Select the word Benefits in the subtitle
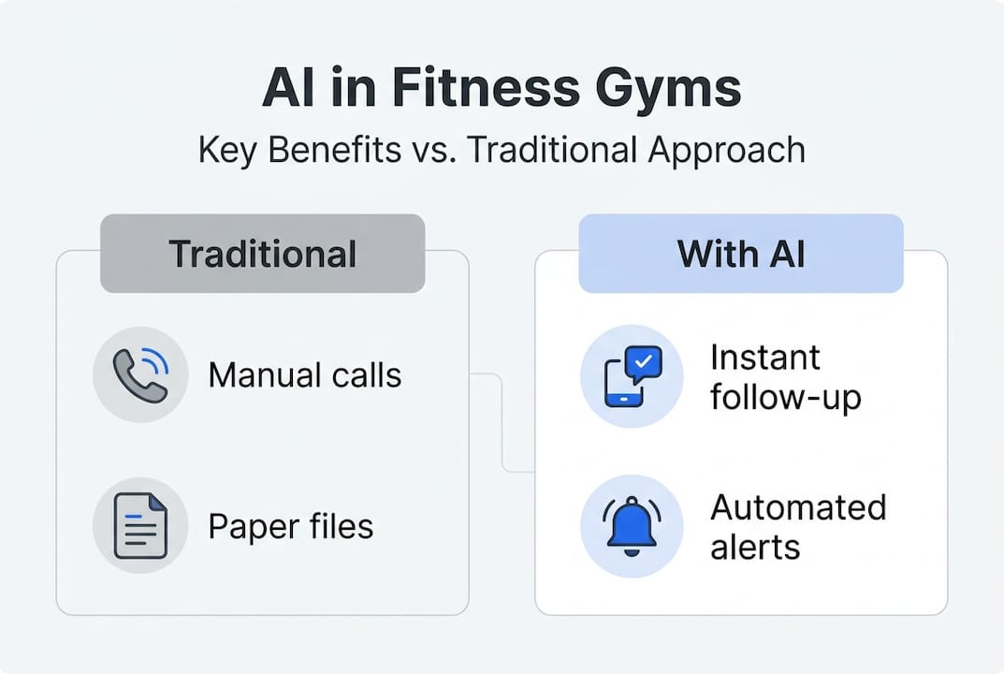(335, 150)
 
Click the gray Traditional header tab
(263, 254)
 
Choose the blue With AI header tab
(741, 254)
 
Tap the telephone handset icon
(141, 374)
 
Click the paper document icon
(141, 525)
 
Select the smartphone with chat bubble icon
(633, 376)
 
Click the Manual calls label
(305, 374)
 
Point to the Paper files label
(291, 527)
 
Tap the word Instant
(765, 358)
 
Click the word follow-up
(786, 397)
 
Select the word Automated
(798, 508)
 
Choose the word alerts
(755, 548)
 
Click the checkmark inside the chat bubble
(644, 361)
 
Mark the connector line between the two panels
(502, 423)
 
